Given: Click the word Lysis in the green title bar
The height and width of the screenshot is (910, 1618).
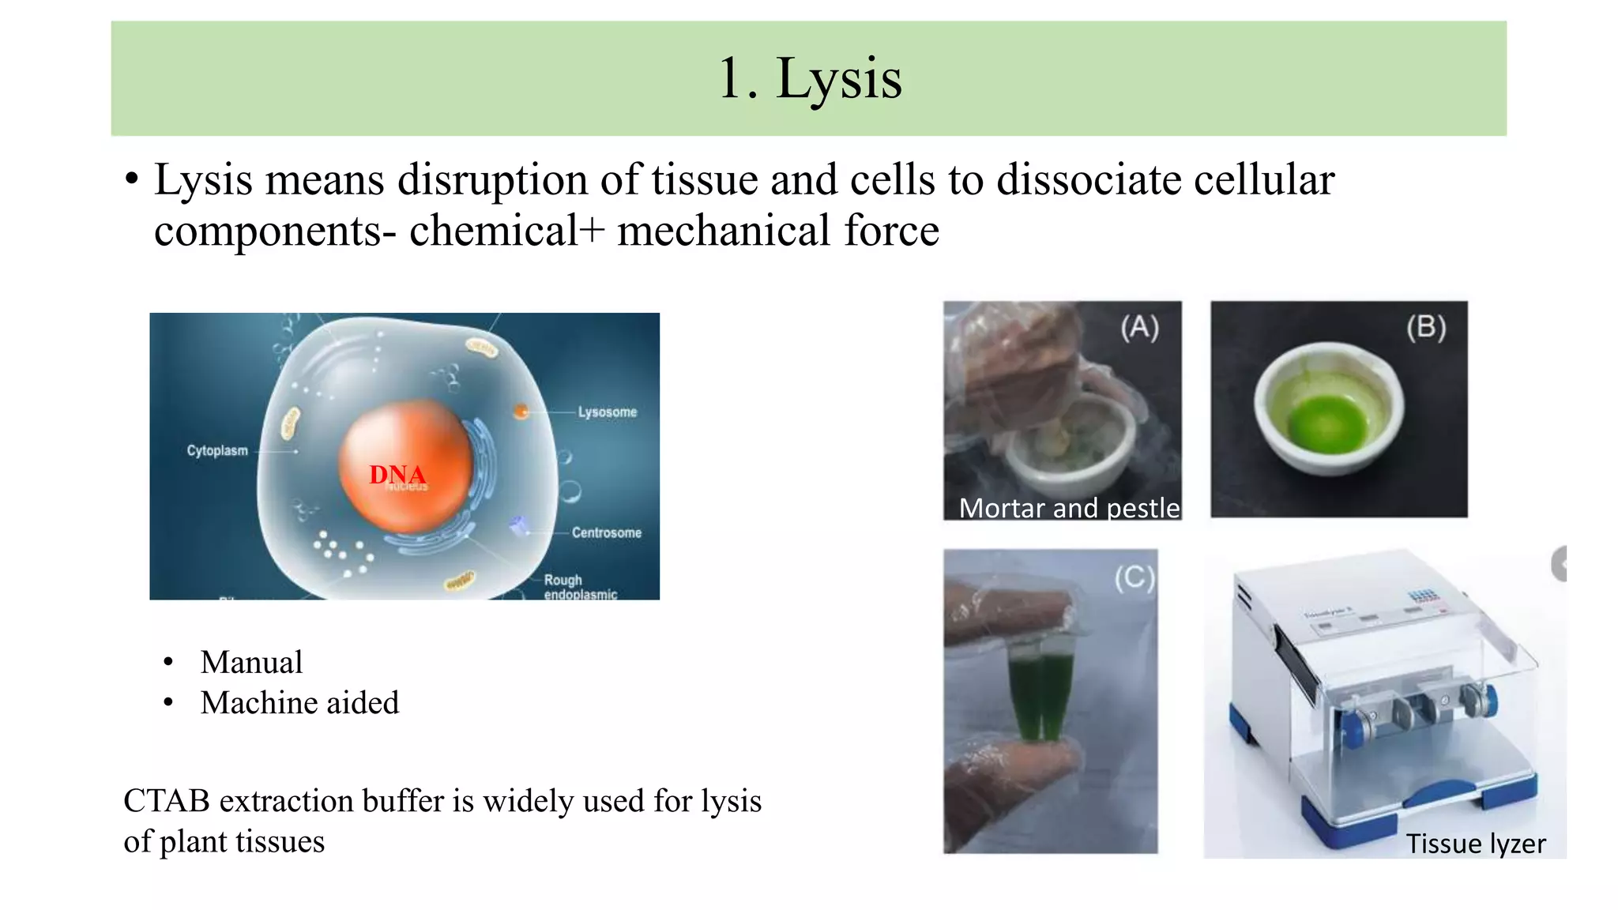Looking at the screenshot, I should pyautogui.click(x=838, y=79).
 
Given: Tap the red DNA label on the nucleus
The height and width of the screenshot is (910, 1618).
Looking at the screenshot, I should pyautogui.click(x=397, y=475).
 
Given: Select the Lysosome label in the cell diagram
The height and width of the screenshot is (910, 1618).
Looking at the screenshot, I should pyautogui.click(x=607, y=412).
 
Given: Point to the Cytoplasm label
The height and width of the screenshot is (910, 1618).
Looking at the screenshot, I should pyautogui.click(x=217, y=450).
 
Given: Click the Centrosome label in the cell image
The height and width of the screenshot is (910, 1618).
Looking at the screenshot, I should pyautogui.click(x=606, y=532).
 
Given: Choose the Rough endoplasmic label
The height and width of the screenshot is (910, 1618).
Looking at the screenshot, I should pyautogui.click(x=579, y=587).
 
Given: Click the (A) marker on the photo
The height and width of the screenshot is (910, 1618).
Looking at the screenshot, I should pyautogui.click(x=1139, y=327).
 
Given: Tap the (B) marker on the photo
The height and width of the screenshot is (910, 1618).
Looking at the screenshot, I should pyautogui.click(x=1426, y=327).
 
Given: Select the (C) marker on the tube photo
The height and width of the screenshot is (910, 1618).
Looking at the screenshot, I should pyautogui.click(x=1134, y=578).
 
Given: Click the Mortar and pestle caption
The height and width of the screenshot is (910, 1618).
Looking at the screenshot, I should pyautogui.click(x=1069, y=508).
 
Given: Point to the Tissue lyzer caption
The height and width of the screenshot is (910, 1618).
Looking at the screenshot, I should pyautogui.click(x=1475, y=844).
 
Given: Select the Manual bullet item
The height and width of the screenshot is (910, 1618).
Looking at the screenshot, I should pyautogui.click(x=251, y=662).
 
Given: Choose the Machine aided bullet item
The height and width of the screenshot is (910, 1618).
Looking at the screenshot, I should pyautogui.click(x=299, y=702).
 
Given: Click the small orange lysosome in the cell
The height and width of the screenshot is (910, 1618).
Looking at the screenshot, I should pyautogui.click(x=521, y=411).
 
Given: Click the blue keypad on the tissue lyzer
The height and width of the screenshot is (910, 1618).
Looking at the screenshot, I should pyautogui.click(x=1423, y=596).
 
